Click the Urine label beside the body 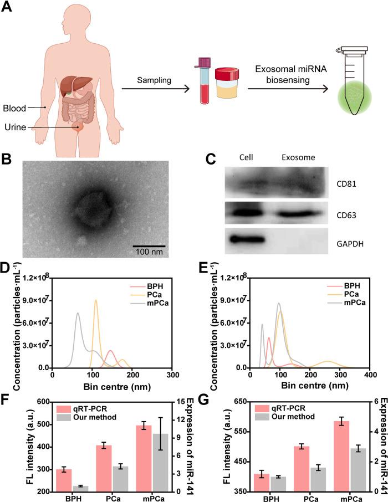15,126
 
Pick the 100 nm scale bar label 150,252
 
